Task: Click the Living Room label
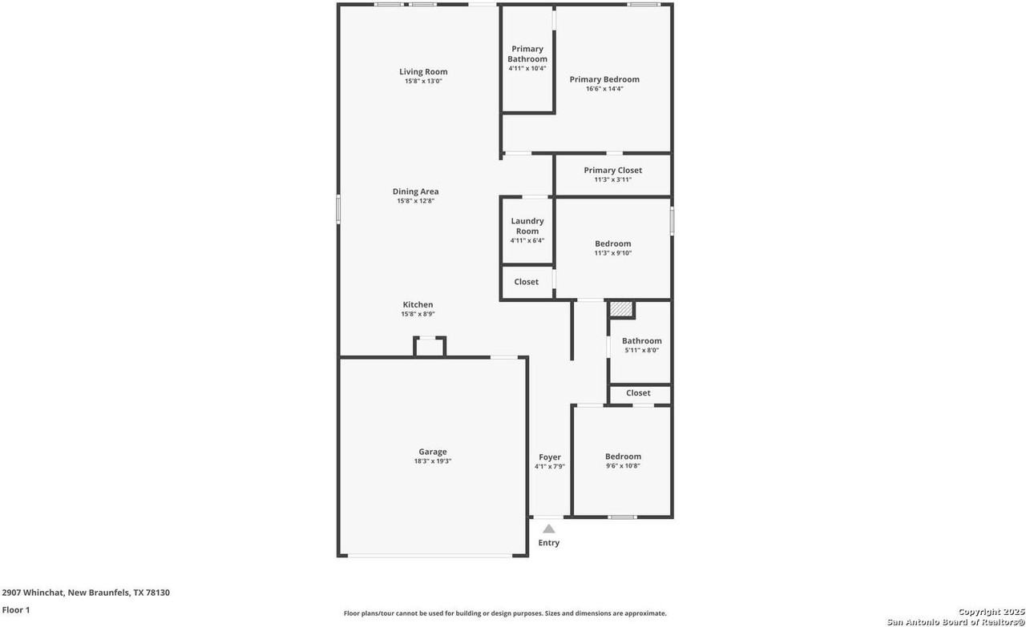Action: pyautogui.click(x=423, y=71)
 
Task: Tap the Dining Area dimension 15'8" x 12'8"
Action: pyautogui.click(x=415, y=201)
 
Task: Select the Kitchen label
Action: pyautogui.click(x=418, y=304)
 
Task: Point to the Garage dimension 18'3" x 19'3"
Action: pyautogui.click(x=433, y=461)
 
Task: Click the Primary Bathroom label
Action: pyautogui.click(x=527, y=54)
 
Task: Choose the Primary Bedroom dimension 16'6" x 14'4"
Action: pyautogui.click(x=604, y=89)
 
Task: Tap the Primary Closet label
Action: pyautogui.click(x=613, y=171)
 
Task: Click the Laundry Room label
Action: pyautogui.click(x=527, y=226)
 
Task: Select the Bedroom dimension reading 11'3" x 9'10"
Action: pyautogui.click(x=613, y=253)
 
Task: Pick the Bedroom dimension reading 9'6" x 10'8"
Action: pyautogui.click(x=623, y=466)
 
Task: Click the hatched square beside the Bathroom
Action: pyautogui.click(x=621, y=309)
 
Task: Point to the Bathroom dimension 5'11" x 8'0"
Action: pyautogui.click(x=642, y=350)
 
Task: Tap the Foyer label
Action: pyautogui.click(x=550, y=456)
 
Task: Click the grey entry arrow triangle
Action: pyautogui.click(x=549, y=529)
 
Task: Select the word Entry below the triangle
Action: pyautogui.click(x=549, y=543)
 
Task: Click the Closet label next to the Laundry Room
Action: pyautogui.click(x=527, y=282)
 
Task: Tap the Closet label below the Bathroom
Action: pyautogui.click(x=638, y=392)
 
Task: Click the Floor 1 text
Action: pyautogui.click(x=16, y=609)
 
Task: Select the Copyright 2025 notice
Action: pyautogui.click(x=992, y=612)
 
